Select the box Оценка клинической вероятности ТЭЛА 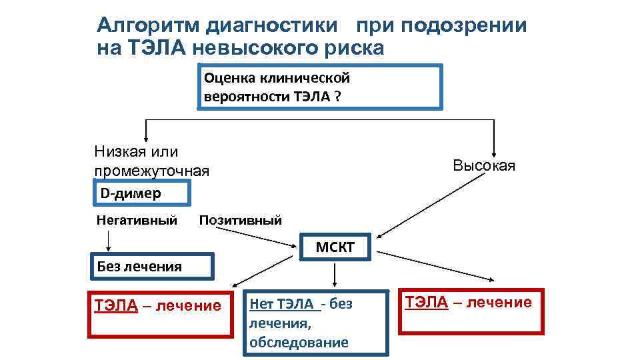pyautogui.click(x=320, y=87)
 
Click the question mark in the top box pyautogui.click(x=338, y=96)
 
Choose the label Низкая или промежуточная pyautogui.click(x=151, y=161)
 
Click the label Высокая pyautogui.click(x=484, y=165)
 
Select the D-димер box pyautogui.click(x=141, y=194)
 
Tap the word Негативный pyautogui.click(x=137, y=220)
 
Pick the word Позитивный pyautogui.click(x=240, y=220)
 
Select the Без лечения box pyautogui.click(x=151, y=266)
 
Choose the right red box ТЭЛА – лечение pyautogui.click(x=471, y=310)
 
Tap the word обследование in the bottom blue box pyautogui.click(x=298, y=343)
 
